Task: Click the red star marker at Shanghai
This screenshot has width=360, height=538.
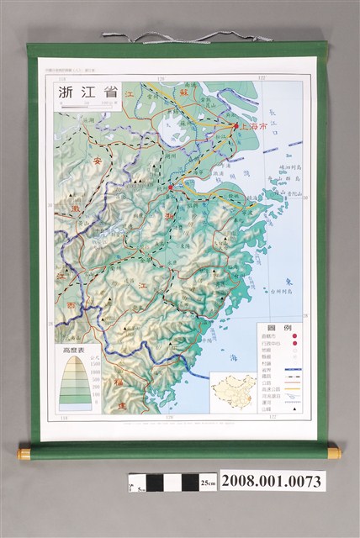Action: point(236,127)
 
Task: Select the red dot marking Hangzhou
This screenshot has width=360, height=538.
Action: point(170,187)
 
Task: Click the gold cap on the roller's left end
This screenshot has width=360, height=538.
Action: point(23,452)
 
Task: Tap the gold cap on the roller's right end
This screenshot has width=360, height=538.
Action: point(334,452)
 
